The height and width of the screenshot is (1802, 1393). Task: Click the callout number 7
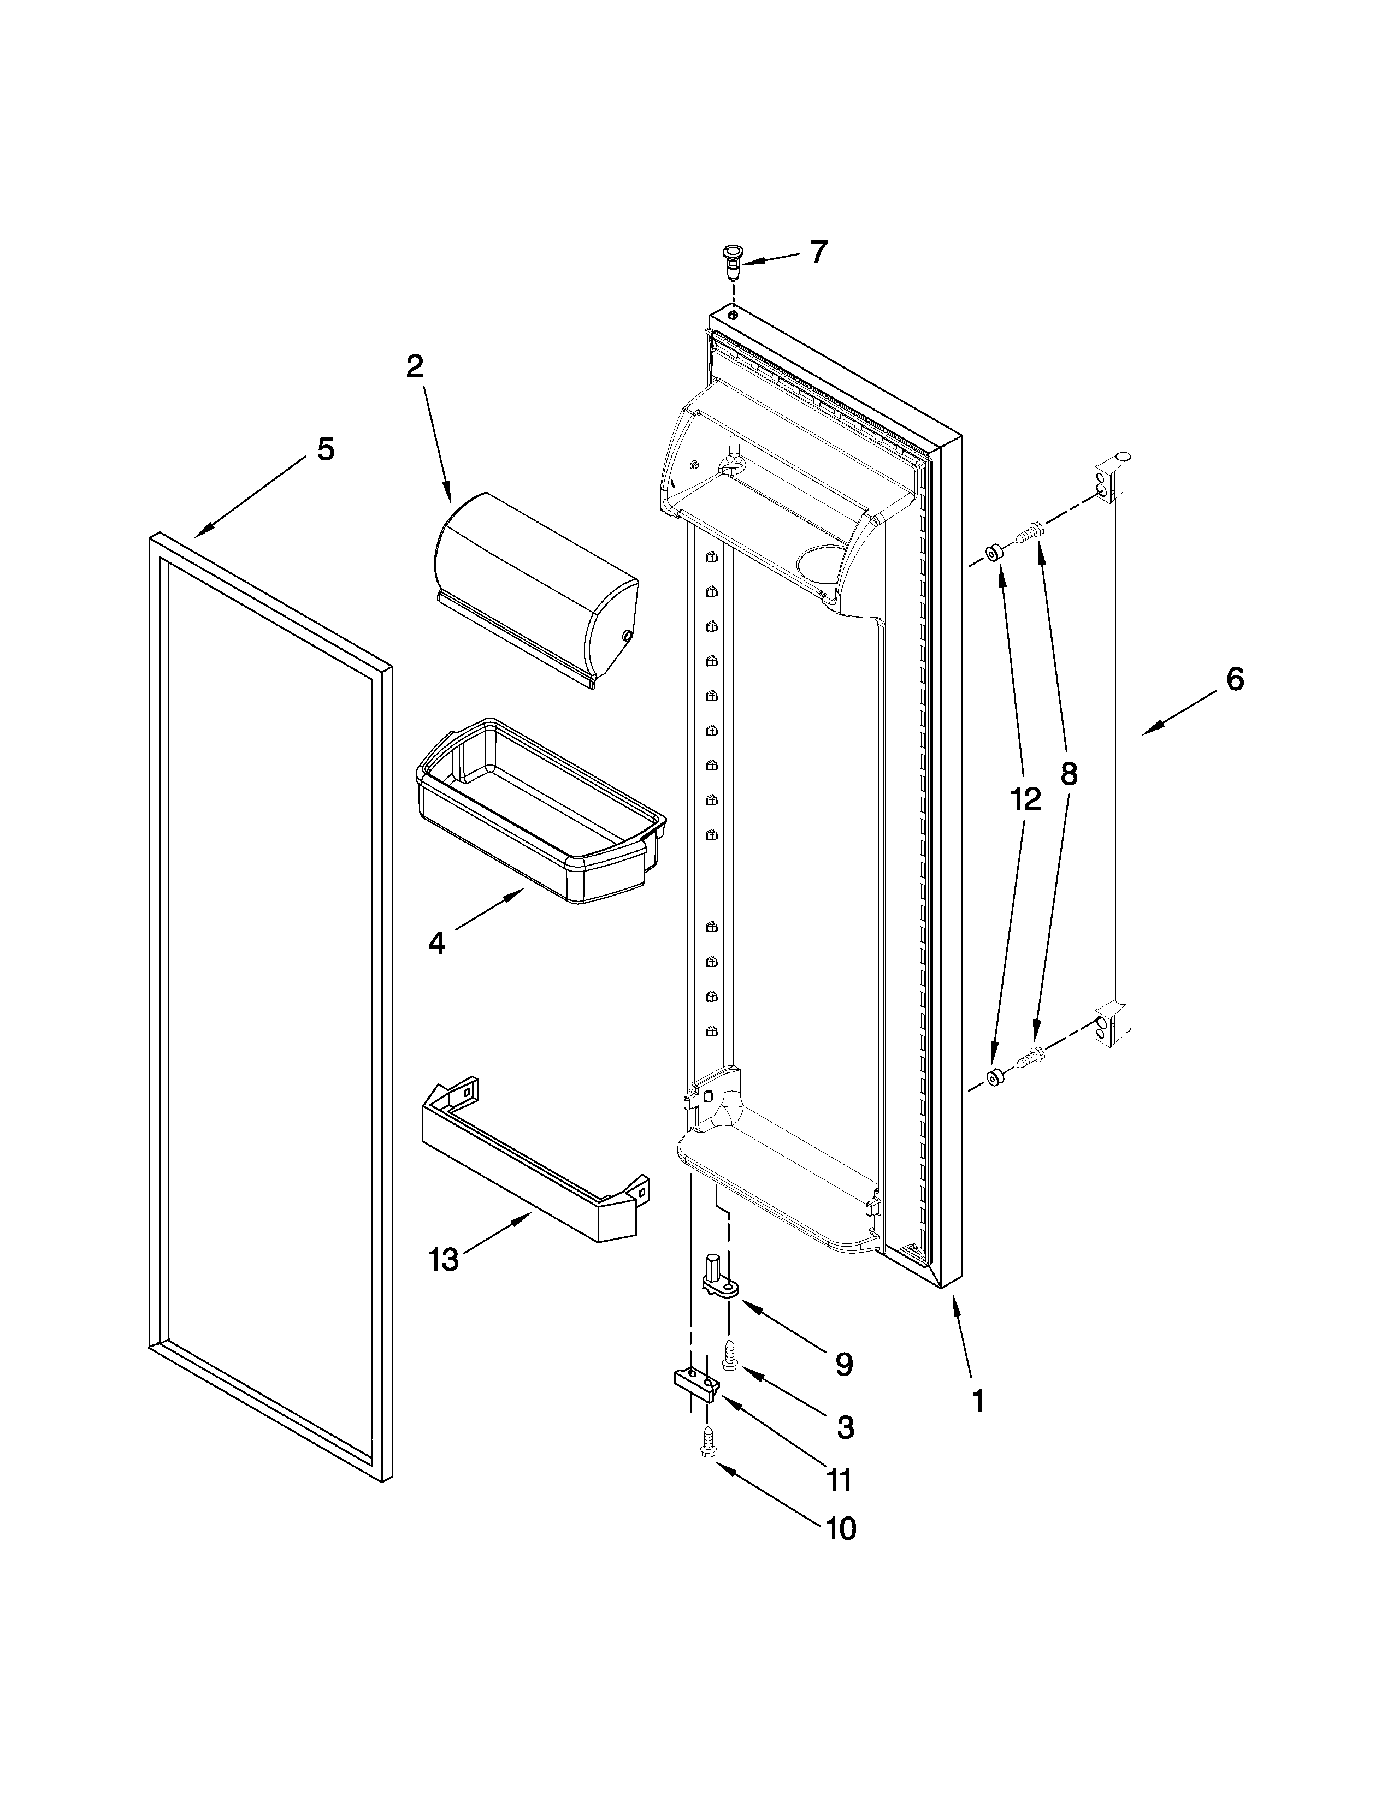[x=818, y=252]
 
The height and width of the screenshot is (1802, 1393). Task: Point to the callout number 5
[x=326, y=449]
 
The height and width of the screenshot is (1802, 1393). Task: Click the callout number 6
[x=1235, y=679]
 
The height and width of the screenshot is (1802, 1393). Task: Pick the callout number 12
[x=1025, y=799]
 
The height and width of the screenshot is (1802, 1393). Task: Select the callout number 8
[x=1069, y=774]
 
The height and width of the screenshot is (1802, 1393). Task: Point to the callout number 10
[x=840, y=1529]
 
